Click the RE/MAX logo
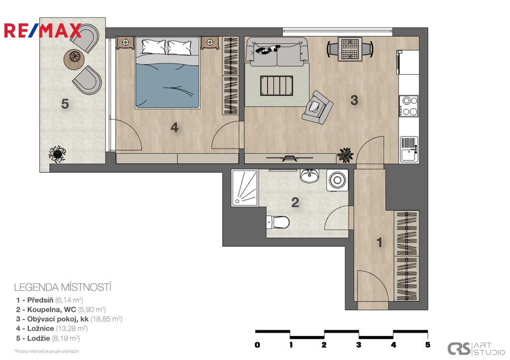[x=42, y=30]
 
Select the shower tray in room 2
[x=245, y=188]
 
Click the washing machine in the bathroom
[x=337, y=180]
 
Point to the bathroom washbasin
[x=309, y=176]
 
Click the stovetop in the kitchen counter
[x=409, y=106]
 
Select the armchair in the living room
[x=317, y=108]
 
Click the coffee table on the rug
[x=276, y=86]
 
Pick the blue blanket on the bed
[x=167, y=86]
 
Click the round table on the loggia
[x=75, y=59]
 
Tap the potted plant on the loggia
[x=58, y=154]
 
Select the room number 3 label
[x=354, y=100]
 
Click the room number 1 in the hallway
[x=379, y=242]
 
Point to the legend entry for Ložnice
[x=52, y=329]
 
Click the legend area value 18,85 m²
[x=106, y=319]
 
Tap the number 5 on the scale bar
[x=428, y=345]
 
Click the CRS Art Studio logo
[x=476, y=349]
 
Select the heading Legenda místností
[x=63, y=287]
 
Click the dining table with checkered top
[x=350, y=49]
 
